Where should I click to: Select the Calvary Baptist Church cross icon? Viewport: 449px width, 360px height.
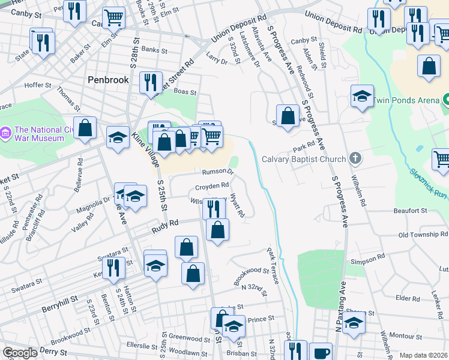click(x=355, y=159)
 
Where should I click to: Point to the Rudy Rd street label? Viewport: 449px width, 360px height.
click(x=165, y=223)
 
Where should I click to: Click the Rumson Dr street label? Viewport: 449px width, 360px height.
click(x=217, y=172)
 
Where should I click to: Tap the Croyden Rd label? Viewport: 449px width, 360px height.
click(x=212, y=186)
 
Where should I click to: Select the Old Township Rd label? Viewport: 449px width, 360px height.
click(x=420, y=235)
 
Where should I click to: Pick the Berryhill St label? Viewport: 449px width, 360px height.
click(x=59, y=308)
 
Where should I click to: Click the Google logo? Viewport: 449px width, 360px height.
click(x=20, y=353)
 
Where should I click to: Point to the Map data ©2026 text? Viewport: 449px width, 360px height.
click(x=424, y=355)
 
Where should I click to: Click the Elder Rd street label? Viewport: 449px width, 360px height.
click(x=408, y=298)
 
